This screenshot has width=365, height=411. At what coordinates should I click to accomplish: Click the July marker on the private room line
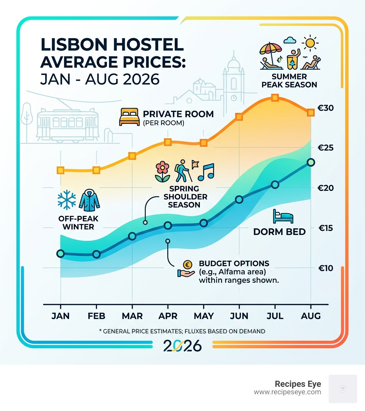pyautogui.click(x=274, y=98)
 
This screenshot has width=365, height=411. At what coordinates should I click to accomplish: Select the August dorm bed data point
pyautogui.click(x=311, y=162)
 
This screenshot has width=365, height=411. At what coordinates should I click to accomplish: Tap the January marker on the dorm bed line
pyautogui.click(x=61, y=254)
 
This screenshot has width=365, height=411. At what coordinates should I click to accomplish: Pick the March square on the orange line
pyautogui.click(x=132, y=156)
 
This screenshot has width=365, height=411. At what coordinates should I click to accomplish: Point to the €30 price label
pyautogui.click(x=326, y=108)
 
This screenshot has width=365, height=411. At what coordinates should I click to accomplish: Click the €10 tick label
pyautogui.click(x=326, y=268)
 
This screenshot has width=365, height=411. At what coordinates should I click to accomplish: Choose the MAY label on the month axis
pyautogui.click(x=204, y=316)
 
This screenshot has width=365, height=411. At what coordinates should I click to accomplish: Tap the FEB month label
pyautogui.click(x=96, y=316)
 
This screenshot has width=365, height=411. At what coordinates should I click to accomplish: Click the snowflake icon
pyautogui.click(x=67, y=200)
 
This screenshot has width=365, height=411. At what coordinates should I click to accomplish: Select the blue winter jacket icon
pyautogui.click(x=89, y=200)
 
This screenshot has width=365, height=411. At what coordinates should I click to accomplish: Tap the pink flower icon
pyautogui.click(x=163, y=171)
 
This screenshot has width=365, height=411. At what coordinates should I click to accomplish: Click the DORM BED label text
pyautogui.click(x=279, y=232)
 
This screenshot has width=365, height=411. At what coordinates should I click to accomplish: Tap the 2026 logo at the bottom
pyautogui.click(x=182, y=345)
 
